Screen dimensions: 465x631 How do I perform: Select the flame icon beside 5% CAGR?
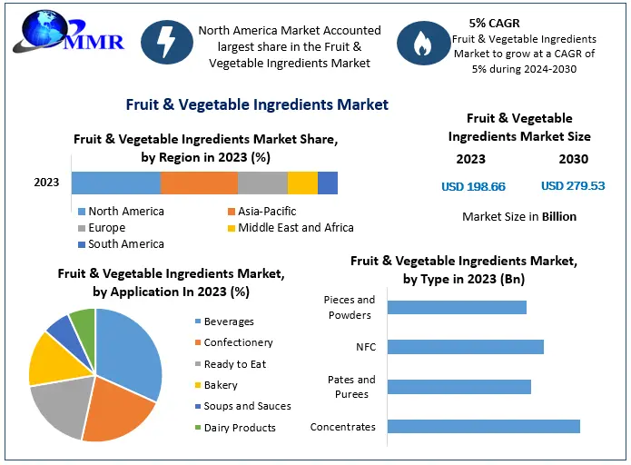coord(420,45)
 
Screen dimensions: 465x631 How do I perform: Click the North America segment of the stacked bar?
coord(115,183)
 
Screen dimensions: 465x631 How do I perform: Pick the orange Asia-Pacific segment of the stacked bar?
coord(199,183)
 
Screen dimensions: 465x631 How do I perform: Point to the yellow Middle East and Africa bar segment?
coord(302,183)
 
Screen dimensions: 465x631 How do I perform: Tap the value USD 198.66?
coord(473,187)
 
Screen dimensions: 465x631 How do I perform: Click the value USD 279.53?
coord(573,186)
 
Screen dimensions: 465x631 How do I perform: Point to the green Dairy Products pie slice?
coord(84,322)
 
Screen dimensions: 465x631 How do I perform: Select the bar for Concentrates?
coord(483,427)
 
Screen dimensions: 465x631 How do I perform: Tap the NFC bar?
coord(465,347)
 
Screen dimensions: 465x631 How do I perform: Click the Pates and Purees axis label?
coord(351,387)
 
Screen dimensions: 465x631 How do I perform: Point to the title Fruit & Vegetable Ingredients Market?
coord(257,105)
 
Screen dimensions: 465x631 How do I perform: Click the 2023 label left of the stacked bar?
coord(46,183)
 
